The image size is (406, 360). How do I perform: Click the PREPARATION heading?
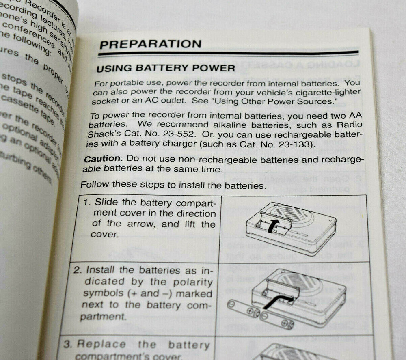point(150,44)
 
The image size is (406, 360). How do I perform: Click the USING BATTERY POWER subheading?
point(165,69)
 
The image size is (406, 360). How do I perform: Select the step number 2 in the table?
point(77,270)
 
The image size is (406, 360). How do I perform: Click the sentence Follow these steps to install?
point(173,185)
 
